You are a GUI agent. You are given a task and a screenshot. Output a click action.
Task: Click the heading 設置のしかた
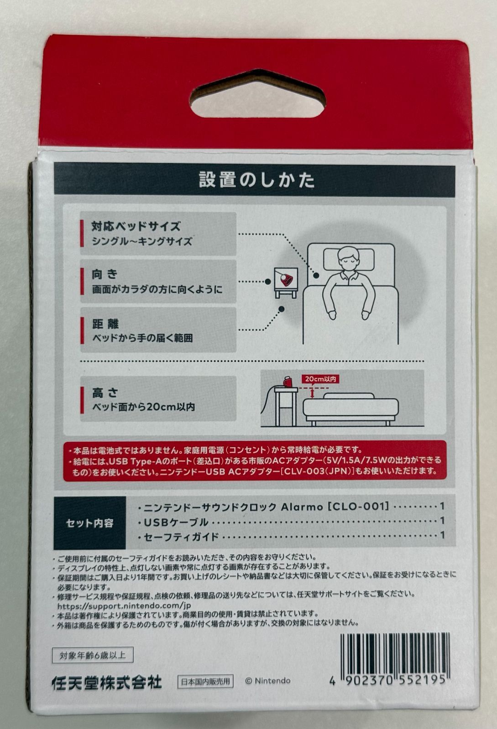[x=257, y=180]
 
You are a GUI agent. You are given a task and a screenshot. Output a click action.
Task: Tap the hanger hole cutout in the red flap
[x=258, y=94]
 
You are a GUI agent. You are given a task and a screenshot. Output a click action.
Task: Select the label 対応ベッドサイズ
[x=136, y=226]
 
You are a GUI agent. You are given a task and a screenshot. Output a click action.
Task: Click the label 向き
[x=105, y=274]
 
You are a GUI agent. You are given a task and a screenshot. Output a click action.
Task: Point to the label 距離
[x=105, y=323]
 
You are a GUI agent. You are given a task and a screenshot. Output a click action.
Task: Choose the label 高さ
[x=105, y=393]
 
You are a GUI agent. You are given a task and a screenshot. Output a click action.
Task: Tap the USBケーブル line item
[x=176, y=522]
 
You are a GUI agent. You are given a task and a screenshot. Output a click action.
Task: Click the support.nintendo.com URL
[x=124, y=606]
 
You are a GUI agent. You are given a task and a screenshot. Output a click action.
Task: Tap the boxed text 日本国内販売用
[x=205, y=681]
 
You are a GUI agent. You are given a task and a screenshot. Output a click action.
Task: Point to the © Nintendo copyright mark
[x=267, y=681]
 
